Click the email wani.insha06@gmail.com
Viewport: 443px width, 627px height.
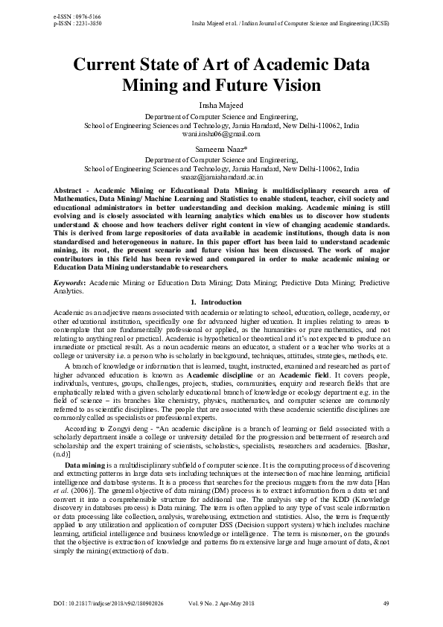pyautogui.click(x=221, y=134)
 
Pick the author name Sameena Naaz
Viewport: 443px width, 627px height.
pyautogui.click(x=221, y=150)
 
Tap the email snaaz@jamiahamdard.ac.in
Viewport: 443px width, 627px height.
pyautogui.click(x=221, y=177)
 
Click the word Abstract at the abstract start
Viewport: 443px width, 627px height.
pyautogui.click(x=68, y=191)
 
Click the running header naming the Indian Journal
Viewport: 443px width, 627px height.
pyautogui.click(x=290, y=23)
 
